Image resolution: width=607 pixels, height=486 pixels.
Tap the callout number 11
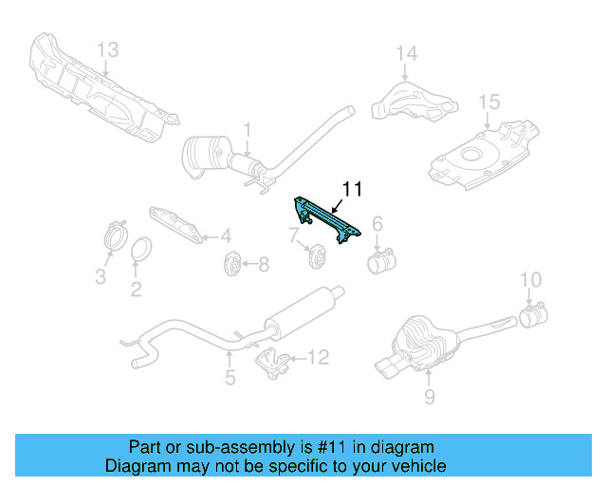(x=352, y=189)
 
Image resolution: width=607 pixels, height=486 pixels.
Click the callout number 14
(x=406, y=53)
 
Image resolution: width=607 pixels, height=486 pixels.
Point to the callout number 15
(x=487, y=102)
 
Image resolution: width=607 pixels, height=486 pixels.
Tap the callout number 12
(x=318, y=358)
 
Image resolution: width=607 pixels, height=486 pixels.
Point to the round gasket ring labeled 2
(x=139, y=251)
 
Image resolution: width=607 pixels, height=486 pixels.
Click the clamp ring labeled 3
(x=115, y=234)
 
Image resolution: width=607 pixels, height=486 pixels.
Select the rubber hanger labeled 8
(x=230, y=266)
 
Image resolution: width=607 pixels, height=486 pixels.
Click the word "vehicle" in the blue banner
(x=413, y=466)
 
